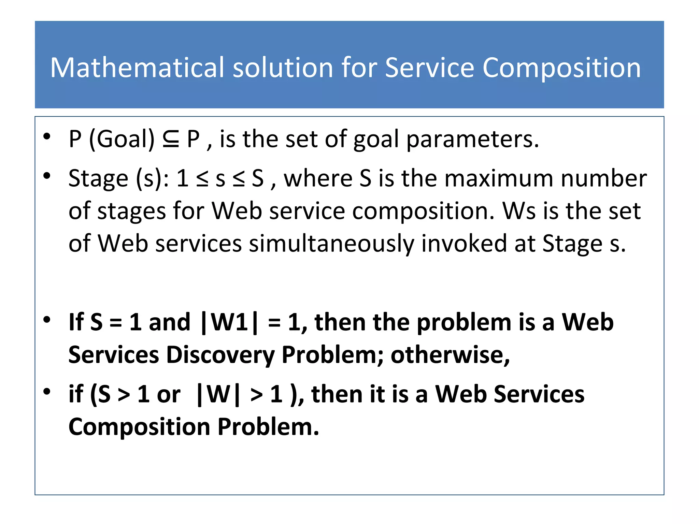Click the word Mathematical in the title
[x=137, y=68]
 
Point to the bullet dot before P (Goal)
[x=47, y=137]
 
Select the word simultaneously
[x=331, y=244]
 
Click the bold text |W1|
[x=229, y=322]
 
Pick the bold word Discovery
[x=220, y=355]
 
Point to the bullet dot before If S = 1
[x=47, y=320]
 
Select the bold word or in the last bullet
[x=168, y=395]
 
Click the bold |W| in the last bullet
[x=218, y=395]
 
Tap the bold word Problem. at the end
[x=268, y=427]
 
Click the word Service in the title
[x=430, y=68]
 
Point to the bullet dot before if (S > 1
[x=47, y=392]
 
